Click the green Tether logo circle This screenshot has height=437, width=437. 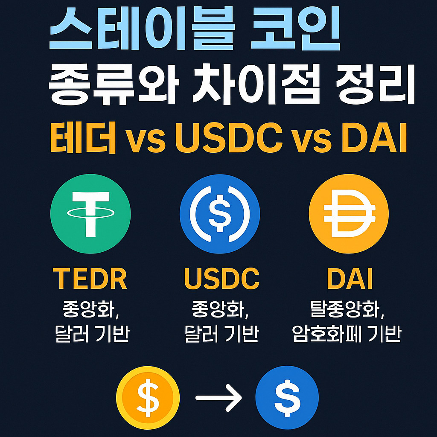(x=90, y=213)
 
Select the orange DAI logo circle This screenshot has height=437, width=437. (x=349, y=213)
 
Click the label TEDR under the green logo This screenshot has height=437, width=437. (x=90, y=279)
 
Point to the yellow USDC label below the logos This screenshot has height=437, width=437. (x=221, y=279)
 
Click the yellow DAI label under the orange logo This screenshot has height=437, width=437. (x=350, y=279)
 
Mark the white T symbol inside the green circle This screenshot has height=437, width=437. (x=90, y=212)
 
